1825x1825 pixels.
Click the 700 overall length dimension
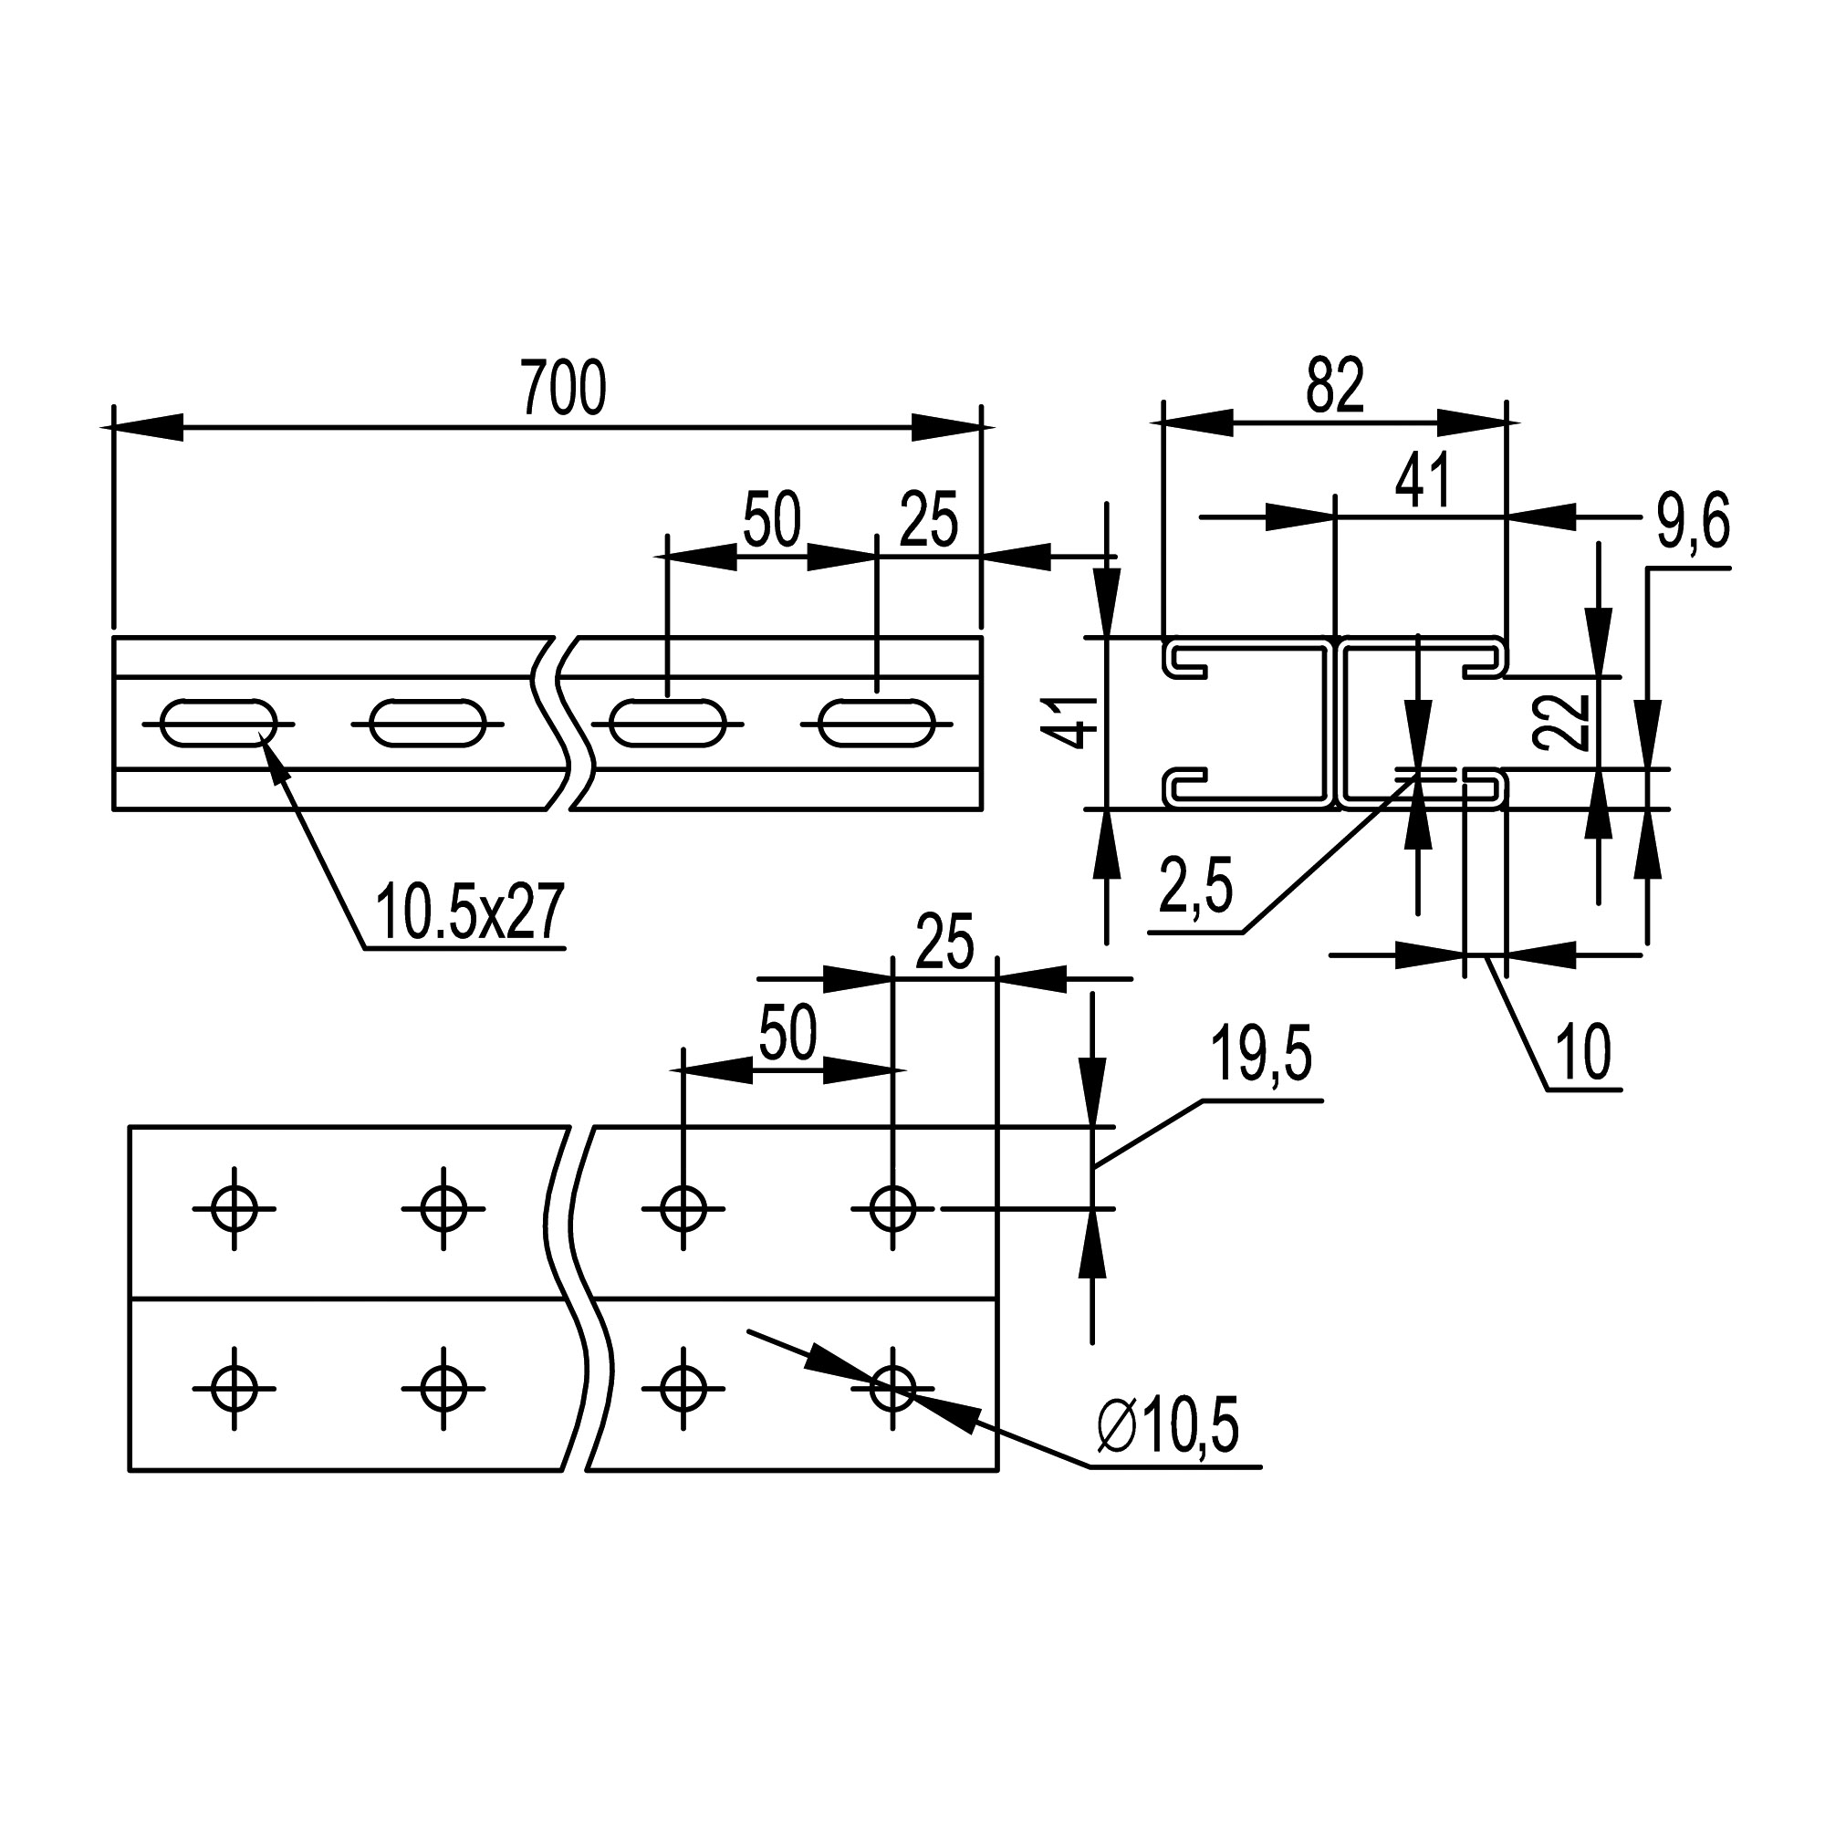click(563, 388)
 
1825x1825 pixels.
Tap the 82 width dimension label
click(1335, 385)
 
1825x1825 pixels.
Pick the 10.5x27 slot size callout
click(469, 912)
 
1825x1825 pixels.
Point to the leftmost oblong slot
click(219, 724)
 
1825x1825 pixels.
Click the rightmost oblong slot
click(877, 724)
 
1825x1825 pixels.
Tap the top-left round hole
click(234, 1208)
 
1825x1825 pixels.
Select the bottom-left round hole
click(234, 1389)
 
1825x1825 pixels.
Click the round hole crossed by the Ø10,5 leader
click(892, 1389)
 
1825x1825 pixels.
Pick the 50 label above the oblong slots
click(772, 519)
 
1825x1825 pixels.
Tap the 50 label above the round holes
click(787, 1034)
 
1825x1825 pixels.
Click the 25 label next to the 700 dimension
click(929, 519)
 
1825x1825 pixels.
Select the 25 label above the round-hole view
click(944, 942)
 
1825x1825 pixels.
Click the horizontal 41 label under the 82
click(1423, 481)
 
